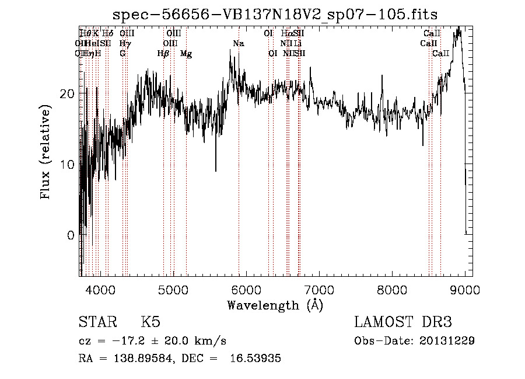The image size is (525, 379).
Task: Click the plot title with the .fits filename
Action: pyautogui.click(x=275, y=14)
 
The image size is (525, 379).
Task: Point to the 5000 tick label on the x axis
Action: pyautogui.click(x=173, y=290)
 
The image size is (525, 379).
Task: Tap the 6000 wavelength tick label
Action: pyautogui.click(x=246, y=290)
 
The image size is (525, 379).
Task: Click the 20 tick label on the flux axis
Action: pyautogui.click(x=67, y=94)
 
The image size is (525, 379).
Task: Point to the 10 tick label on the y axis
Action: pyautogui.click(x=67, y=165)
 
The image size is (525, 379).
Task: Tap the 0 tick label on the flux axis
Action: pyautogui.click(x=71, y=235)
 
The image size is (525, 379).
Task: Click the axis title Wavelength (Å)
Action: pyautogui.click(x=275, y=305)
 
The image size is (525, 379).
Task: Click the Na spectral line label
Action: pyautogui.click(x=238, y=44)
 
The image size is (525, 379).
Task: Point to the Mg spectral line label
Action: pyautogui.click(x=186, y=54)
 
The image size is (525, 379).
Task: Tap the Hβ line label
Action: pyautogui.click(x=163, y=54)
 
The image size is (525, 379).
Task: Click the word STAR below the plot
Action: pyautogui.click(x=97, y=322)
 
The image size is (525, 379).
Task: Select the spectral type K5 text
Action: pyautogui.click(x=150, y=322)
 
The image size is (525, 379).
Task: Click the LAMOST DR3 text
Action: pyautogui.click(x=403, y=322)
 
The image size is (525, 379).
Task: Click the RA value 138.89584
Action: pyautogui.click(x=145, y=359)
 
